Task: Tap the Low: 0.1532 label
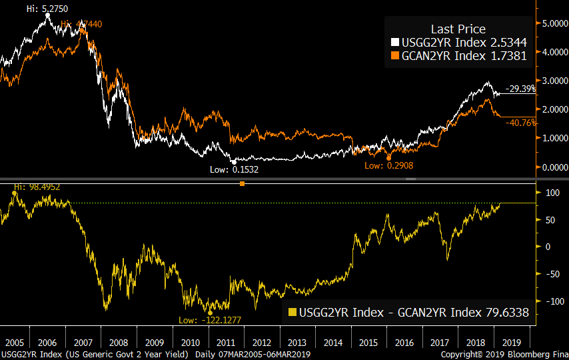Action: click(235, 169)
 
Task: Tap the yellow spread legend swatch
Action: click(292, 312)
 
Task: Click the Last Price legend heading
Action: click(458, 29)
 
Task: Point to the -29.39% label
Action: click(521, 89)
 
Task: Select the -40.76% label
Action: click(521, 123)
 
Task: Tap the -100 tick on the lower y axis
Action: click(550, 301)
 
